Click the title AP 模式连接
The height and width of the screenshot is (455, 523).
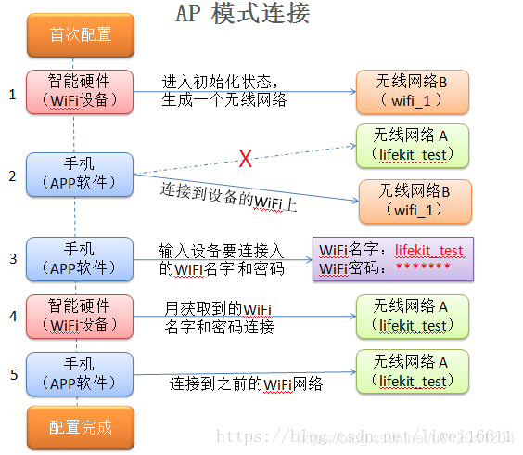(242, 15)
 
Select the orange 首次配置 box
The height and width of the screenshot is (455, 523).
(81, 35)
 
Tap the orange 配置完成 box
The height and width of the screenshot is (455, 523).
(81, 427)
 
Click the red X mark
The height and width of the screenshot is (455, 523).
(246, 160)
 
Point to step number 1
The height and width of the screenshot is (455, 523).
(12, 94)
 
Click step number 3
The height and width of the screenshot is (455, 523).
(12, 258)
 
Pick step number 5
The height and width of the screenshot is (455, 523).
(12, 375)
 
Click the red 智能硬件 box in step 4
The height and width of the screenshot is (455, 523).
(81, 316)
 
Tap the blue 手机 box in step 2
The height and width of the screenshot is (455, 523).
(81, 174)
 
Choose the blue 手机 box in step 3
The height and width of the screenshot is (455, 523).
(81, 259)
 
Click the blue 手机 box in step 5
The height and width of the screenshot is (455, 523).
(81, 374)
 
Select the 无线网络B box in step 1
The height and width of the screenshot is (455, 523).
(412, 92)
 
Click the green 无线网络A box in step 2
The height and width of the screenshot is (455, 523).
(412, 145)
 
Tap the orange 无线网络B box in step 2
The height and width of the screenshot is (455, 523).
(415, 201)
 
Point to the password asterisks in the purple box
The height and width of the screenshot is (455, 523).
(423, 268)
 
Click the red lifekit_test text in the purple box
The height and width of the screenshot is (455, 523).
(428, 251)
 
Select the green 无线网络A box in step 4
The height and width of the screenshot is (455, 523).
(412, 316)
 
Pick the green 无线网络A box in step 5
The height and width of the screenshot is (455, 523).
(412, 371)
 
